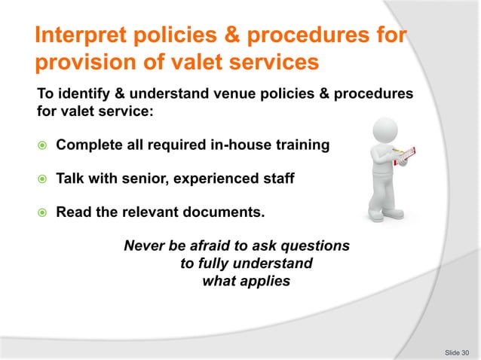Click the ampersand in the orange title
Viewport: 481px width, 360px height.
[231, 36]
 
